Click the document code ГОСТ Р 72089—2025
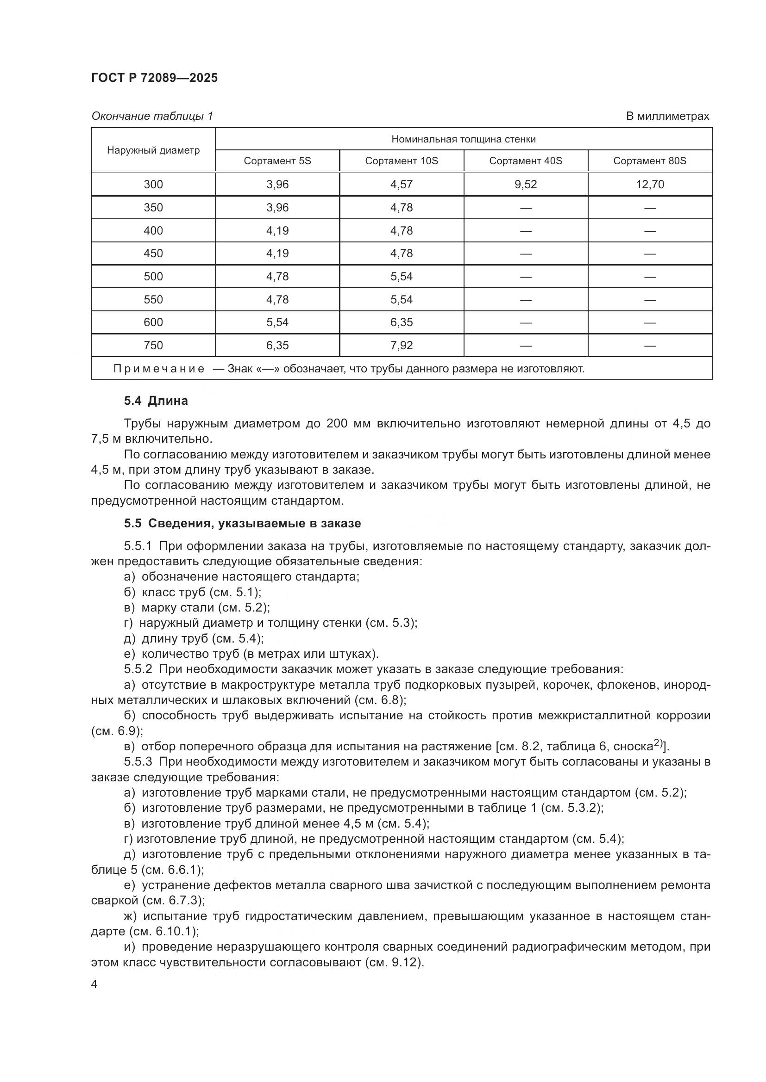click(x=154, y=78)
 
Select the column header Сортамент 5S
click(x=277, y=161)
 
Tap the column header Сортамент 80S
click(x=649, y=161)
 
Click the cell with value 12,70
click(x=649, y=184)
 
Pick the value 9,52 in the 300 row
click(x=526, y=184)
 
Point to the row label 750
click(x=153, y=346)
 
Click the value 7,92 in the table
click(x=402, y=346)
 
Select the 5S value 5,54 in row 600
click(x=277, y=322)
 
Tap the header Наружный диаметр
click(x=153, y=150)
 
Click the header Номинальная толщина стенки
click(x=463, y=139)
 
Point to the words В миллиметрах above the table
click(x=667, y=116)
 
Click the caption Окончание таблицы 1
click(x=152, y=116)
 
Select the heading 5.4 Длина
click(x=156, y=401)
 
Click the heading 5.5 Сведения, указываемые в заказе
click(x=242, y=523)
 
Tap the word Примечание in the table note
click(x=159, y=369)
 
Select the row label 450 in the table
click(x=153, y=253)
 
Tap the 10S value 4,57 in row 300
click(x=402, y=184)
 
